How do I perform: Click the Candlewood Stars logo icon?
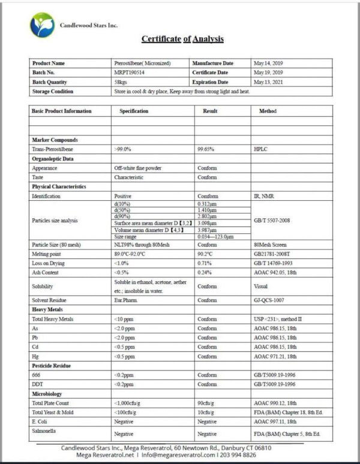[41, 25]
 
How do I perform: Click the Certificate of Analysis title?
[182, 39]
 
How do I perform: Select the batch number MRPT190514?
[130, 73]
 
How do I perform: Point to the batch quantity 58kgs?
[121, 82]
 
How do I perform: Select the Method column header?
[268, 112]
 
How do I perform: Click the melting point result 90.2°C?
[207, 254]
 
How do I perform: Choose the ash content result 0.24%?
[205, 272]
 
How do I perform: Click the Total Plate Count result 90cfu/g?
[208, 403]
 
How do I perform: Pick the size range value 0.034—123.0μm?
[220, 236]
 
